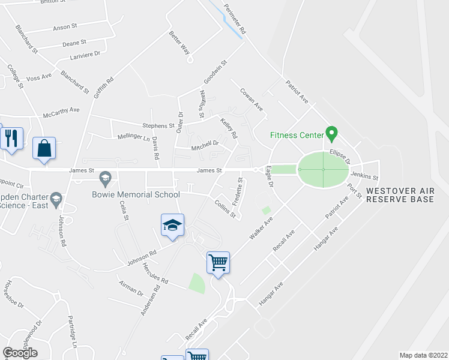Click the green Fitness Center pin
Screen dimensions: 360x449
[330, 132]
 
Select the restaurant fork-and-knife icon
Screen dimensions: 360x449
[12, 138]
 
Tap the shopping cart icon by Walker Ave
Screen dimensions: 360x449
[218, 262]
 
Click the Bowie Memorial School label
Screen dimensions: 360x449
[136, 194]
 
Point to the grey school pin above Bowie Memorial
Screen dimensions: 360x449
[106, 178]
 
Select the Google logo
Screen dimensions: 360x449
[20, 353]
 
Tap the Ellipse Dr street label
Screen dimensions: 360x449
[339, 157]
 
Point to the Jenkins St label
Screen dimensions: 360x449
[364, 177]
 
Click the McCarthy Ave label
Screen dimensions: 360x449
[61, 112]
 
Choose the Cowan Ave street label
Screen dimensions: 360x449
[252, 99]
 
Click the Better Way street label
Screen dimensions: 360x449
[179, 43]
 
